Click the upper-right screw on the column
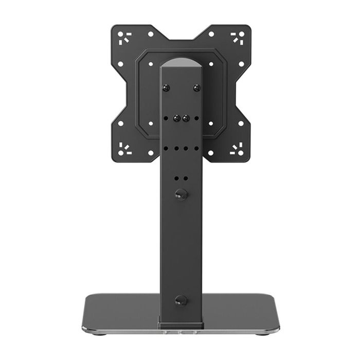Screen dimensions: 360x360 click(x=196, y=88)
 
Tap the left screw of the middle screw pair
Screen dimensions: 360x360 click(x=176, y=118)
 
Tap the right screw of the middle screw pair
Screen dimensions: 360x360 click(x=185, y=118)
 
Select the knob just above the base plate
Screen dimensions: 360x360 click(x=180, y=300)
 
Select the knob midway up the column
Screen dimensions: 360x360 click(x=180, y=194)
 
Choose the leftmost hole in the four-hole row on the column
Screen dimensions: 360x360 click(x=166, y=148)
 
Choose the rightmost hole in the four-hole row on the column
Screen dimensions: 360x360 click(x=195, y=148)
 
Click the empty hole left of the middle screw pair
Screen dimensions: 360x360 click(x=166, y=118)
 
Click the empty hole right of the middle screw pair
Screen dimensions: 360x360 click(x=195, y=118)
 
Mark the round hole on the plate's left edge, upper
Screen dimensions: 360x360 click(x=120, y=65)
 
